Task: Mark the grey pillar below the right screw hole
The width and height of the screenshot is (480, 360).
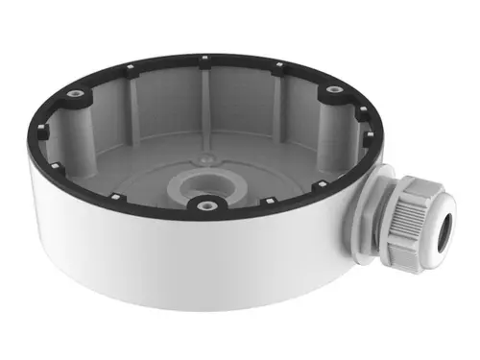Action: click(332, 120)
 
